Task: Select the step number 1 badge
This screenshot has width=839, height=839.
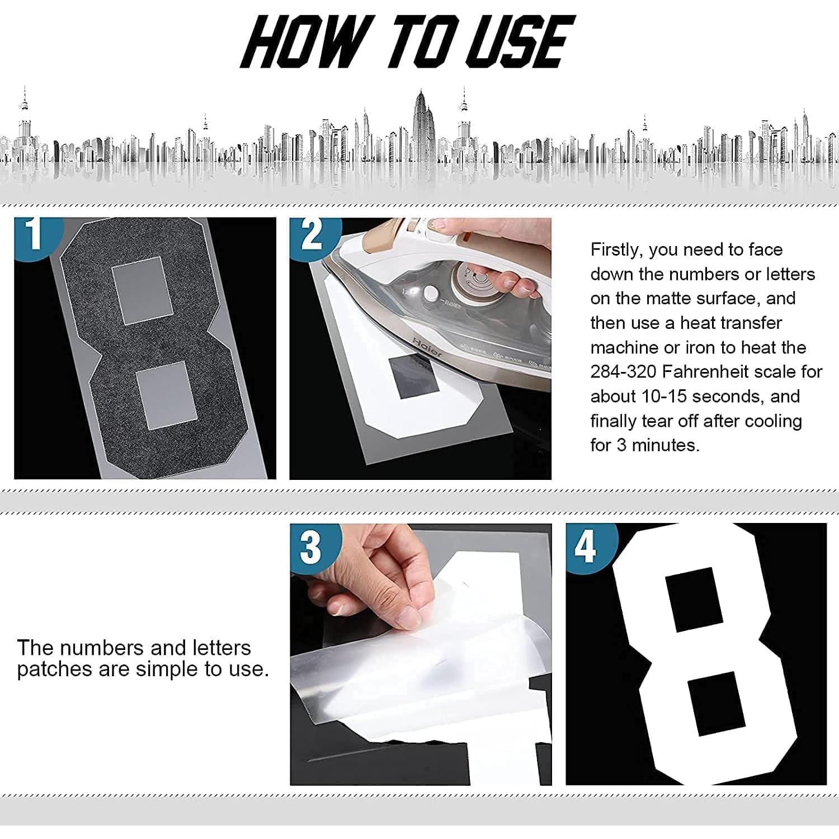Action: [35, 234]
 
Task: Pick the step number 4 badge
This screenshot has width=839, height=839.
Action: [586, 546]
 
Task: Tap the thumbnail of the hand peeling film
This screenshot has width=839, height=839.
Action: [421, 654]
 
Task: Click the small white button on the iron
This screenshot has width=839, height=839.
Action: [430, 294]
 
